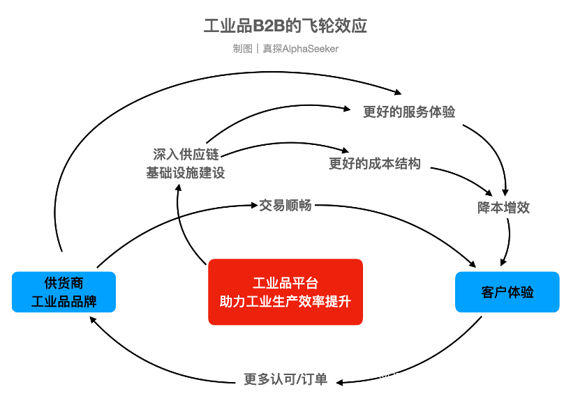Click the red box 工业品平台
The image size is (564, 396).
coord(285,291)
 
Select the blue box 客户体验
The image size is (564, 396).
coord(507,291)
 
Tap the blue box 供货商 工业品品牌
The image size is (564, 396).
coord(64,291)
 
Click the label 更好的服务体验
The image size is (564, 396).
coord(409,112)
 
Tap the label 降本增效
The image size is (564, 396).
coord(503,207)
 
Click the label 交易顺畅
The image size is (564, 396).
coord(285,205)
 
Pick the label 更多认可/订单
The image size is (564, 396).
coord(285,379)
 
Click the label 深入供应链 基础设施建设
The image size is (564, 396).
coord(185,163)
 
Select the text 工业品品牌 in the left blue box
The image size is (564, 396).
coord(64,301)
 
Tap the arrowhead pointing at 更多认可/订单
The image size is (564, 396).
coord(340,381)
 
